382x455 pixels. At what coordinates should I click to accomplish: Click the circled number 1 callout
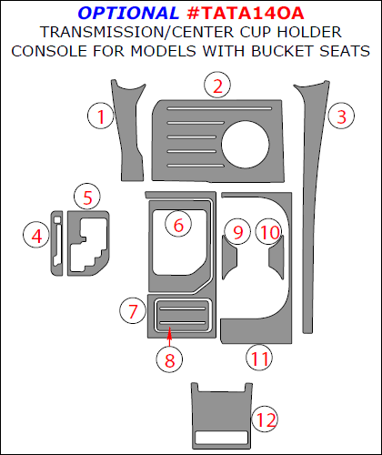(x=101, y=116)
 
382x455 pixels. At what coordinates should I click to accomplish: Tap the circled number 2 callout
(x=217, y=86)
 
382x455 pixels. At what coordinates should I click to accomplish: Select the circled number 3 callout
(x=341, y=116)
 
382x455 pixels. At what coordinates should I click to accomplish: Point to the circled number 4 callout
(x=36, y=235)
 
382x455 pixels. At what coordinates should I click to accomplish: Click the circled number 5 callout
(x=87, y=197)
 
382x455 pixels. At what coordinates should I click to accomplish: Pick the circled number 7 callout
(x=133, y=310)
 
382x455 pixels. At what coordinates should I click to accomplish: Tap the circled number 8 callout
(x=169, y=359)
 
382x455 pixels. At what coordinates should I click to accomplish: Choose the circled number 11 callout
(x=259, y=357)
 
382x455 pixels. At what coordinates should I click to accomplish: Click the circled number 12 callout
(x=266, y=420)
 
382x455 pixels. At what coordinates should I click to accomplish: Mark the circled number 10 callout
(x=269, y=232)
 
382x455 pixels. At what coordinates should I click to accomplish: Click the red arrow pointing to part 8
(x=169, y=337)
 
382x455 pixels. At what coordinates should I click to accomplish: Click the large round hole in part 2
(x=246, y=145)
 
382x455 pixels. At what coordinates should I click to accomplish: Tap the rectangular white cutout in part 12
(x=222, y=438)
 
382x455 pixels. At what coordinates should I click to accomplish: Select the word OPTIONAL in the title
(x=128, y=13)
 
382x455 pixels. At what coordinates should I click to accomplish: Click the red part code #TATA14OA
(x=246, y=13)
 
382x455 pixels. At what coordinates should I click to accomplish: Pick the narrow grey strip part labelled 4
(x=56, y=243)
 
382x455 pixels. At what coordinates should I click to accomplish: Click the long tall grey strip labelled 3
(x=311, y=207)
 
